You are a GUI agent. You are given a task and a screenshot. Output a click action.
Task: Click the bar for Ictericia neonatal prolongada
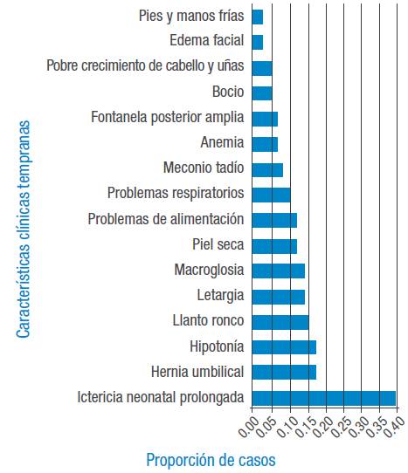coord(323,398)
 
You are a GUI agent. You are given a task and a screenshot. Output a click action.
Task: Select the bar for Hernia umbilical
coord(284,373)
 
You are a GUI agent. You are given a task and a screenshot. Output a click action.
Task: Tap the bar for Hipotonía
coord(284,346)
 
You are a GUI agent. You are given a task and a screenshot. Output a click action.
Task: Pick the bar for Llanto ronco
coord(280,321)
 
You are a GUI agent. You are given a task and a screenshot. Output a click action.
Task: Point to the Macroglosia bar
coord(278,271)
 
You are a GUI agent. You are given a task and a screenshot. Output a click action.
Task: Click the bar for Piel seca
coord(274,245)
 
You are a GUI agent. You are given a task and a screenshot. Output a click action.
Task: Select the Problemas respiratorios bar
coord(271,194)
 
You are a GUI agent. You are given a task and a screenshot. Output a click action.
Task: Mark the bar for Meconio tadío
coord(267,168)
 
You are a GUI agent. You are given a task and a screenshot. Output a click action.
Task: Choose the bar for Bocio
coord(262,92)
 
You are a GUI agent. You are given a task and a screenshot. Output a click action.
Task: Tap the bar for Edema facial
coord(258,41)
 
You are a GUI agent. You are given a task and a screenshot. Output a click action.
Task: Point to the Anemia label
coord(222,142)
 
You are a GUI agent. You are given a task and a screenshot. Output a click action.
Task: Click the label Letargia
coord(220,296)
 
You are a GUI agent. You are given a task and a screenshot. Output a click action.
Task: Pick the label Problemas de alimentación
coord(166,219)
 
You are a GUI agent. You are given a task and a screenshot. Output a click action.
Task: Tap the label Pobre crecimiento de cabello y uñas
coord(146,66)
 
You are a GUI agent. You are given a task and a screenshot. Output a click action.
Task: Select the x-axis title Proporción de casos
coord(209,459)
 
